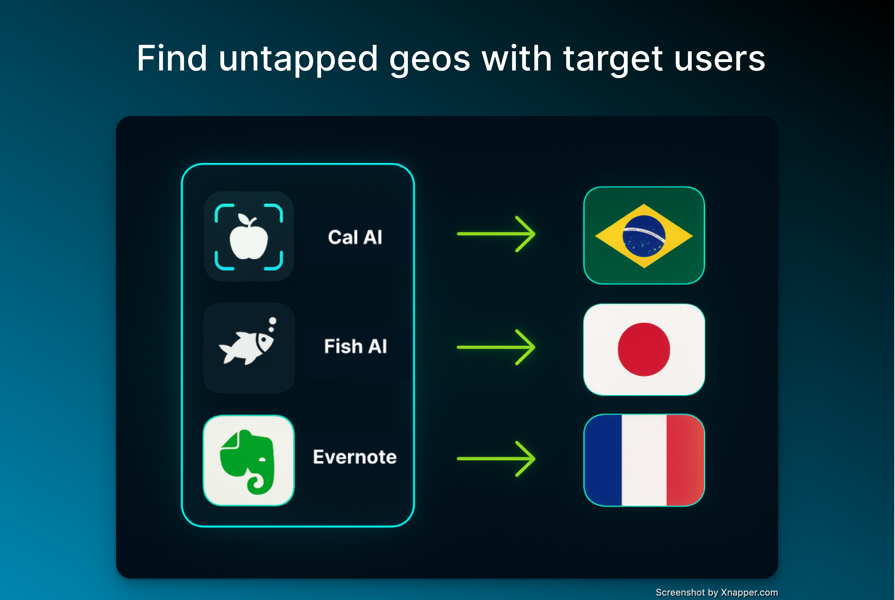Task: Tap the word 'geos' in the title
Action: click(430, 61)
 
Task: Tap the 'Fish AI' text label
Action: click(355, 346)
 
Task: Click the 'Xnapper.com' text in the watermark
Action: click(749, 592)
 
